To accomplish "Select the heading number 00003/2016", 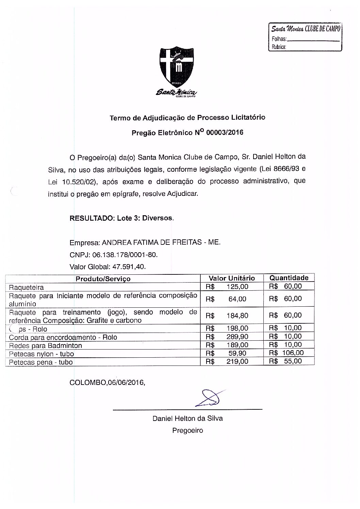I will (x=225, y=133).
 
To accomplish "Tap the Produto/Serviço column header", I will (x=103, y=279).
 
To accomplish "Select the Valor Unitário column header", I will (x=231, y=278).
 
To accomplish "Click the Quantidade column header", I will (x=289, y=278).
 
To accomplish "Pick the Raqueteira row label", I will (x=26, y=287).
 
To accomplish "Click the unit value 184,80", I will (x=237, y=316).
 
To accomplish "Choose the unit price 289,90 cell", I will (x=237, y=337).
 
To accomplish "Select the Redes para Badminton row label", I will (x=45, y=345).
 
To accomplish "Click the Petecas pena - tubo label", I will (x=41, y=362).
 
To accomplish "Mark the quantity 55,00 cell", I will (x=293, y=361).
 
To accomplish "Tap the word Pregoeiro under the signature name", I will (x=187, y=430).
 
